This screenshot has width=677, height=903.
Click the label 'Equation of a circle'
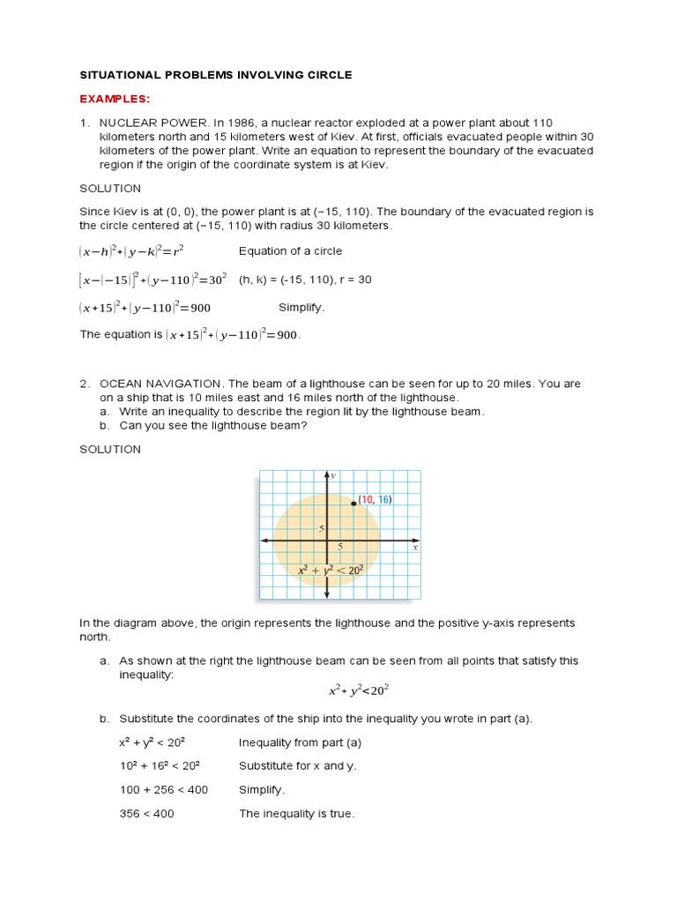pos(290,251)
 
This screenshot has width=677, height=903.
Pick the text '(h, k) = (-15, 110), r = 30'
pos(305,280)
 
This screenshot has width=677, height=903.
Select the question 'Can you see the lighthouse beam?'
pos(212,425)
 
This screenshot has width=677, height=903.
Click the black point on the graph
pos(353,504)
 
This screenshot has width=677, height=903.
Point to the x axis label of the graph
pos(414,548)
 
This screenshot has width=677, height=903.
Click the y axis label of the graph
pos(333,475)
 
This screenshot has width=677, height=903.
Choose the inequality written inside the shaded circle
pos(331,570)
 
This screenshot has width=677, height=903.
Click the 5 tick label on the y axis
pos(322,528)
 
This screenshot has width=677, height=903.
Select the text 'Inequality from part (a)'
pos(300,742)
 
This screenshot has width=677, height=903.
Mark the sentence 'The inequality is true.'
pos(296,814)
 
